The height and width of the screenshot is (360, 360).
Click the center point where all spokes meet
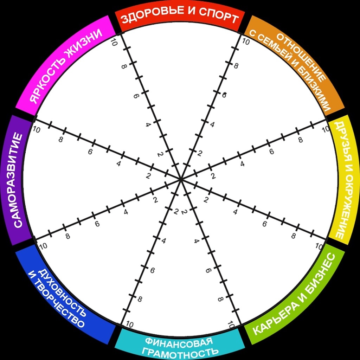tap(180, 179)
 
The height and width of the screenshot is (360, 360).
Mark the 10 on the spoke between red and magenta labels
tap(113, 43)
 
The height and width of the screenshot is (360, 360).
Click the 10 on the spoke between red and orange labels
tap(246, 42)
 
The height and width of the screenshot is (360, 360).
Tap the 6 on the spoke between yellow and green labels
tap(264, 224)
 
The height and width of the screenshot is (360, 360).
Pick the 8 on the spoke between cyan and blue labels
tap(140, 299)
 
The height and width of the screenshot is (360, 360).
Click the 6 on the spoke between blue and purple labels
tap(97, 224)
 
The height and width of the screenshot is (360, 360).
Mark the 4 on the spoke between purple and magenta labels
tap(119, 163)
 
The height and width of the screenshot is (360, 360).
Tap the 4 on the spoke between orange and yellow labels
tap(242, 163)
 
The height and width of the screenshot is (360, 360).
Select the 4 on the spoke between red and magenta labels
tap(148, 124)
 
